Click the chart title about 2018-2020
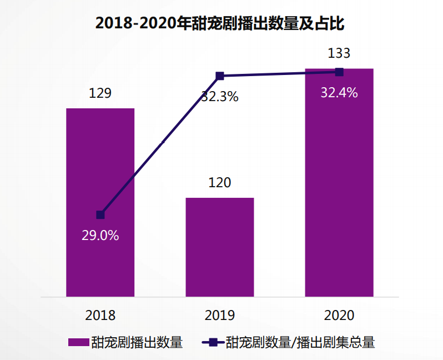coord(221,23)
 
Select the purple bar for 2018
coord(100,167)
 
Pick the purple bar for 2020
coord(339,183)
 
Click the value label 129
coord(100,93)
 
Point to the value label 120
coord(220,182)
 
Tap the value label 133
coord(339,53)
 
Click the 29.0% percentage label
coord(100,235)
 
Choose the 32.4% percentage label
coord(339,93)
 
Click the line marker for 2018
coord(100,214)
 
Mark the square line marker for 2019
coord(220,76)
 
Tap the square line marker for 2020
coord(339,72)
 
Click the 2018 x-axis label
coord(100,315)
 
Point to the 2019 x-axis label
coord(220,315)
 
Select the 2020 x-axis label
coord(339,315)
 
